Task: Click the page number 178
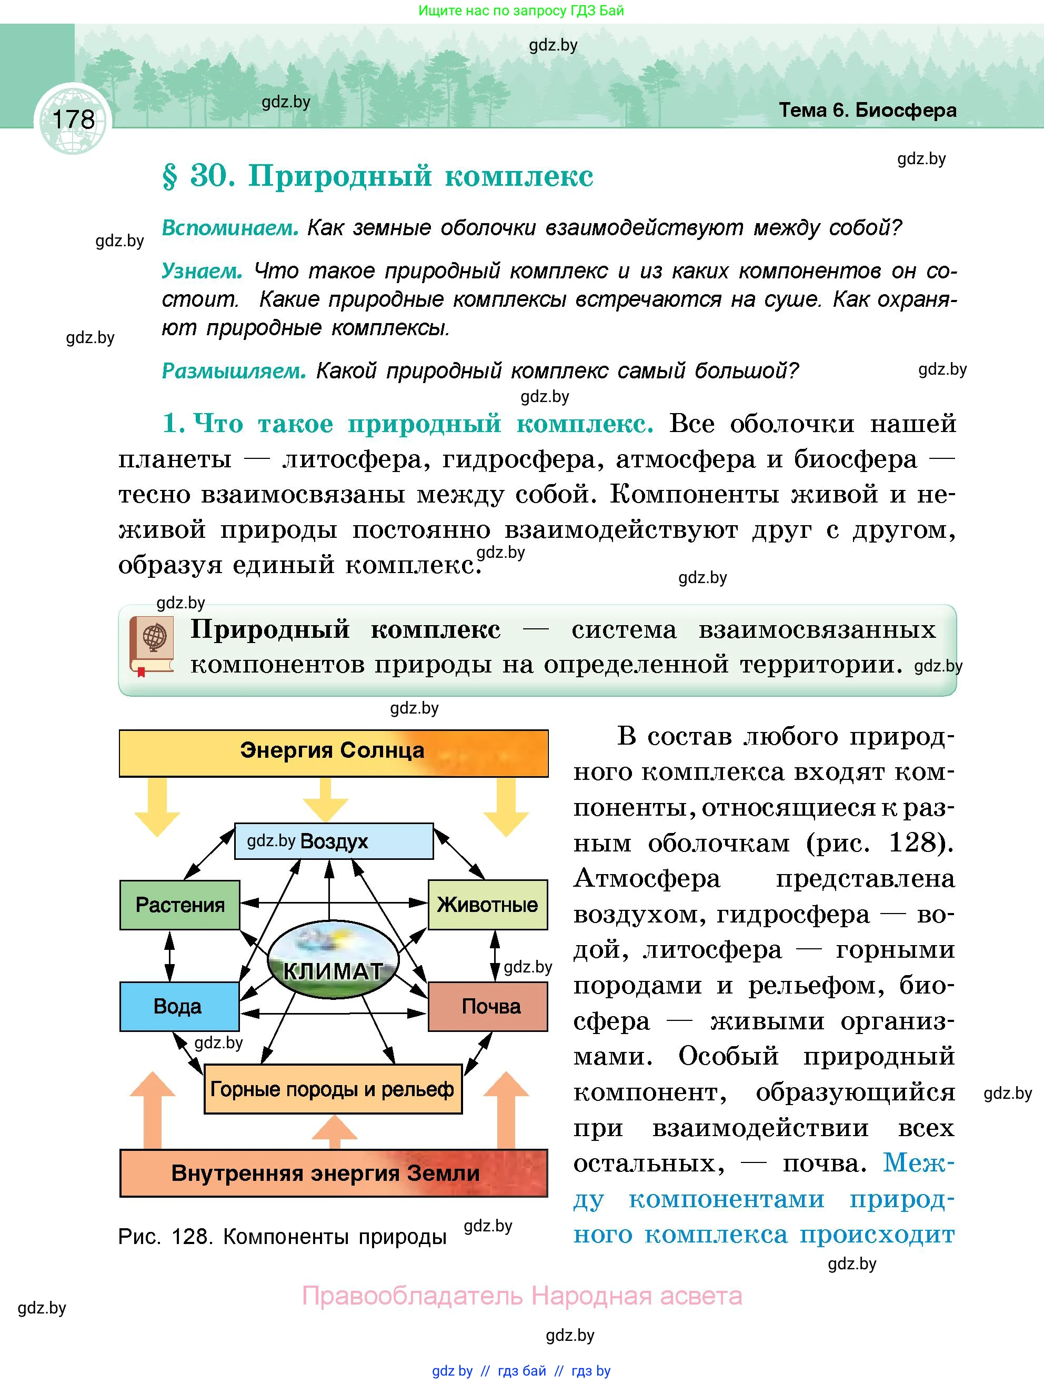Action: coord(73,119)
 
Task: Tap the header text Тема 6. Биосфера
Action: coord(867,110)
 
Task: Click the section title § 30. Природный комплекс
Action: coord(377,176)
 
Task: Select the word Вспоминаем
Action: coord(229,228)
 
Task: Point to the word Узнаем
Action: coord(202,271)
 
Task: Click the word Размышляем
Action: coord(233,371)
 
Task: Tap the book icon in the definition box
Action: coord(152,646)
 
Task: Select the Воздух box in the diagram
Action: coord(334,841)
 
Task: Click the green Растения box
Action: coord(179,905)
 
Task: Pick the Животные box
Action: coord(487,905)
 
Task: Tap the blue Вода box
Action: coord(179,1006)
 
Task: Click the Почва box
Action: coord(488,1006)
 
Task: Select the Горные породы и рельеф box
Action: coord(333,1089)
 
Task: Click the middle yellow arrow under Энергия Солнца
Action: coord(325,799)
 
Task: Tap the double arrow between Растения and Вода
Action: coord(169,956)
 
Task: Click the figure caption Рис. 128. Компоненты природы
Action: coord(282,1237)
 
